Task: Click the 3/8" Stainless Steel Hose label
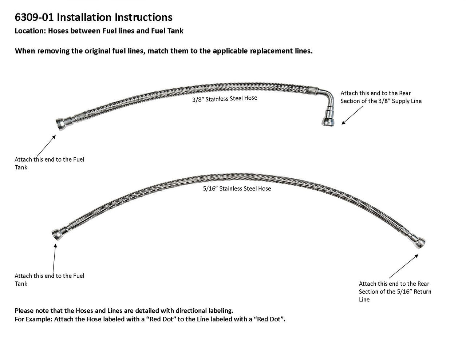pos(225,99)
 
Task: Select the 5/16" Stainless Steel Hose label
pos(237,189)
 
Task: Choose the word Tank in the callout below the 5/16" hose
pos(21,284)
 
